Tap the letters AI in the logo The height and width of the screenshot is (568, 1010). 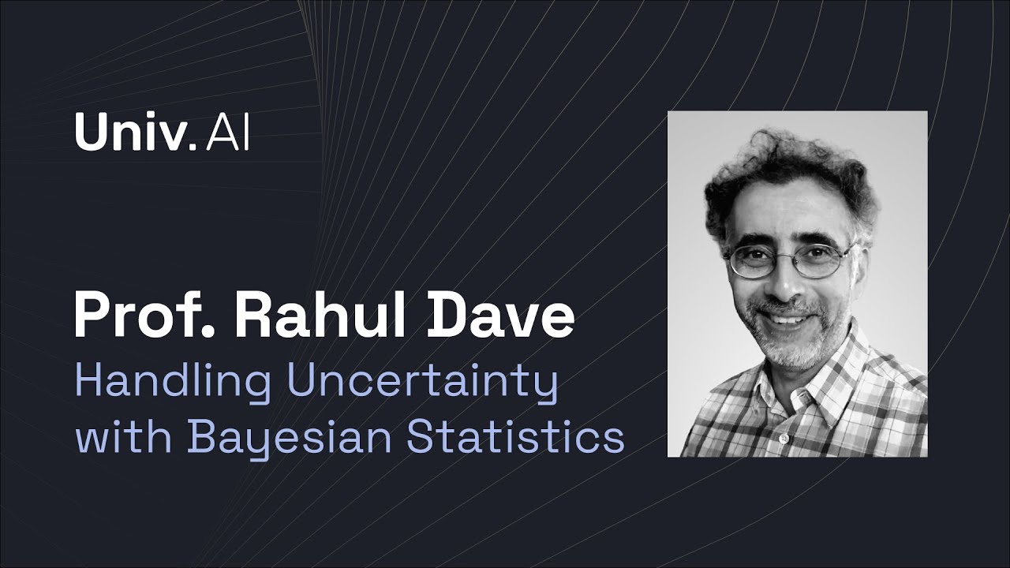[227, 133]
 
